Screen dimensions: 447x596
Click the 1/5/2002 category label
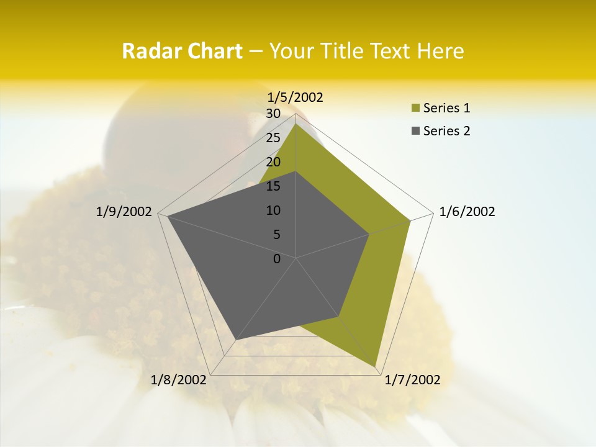[x=296, y=97]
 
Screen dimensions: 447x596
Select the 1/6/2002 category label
[x=467, y=212]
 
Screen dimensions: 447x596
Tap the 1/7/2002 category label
[x=412, y=380]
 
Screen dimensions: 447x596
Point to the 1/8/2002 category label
[x=179, y=380]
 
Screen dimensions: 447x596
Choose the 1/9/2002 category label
[x=124, y=212]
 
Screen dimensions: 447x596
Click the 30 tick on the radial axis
[x=273, y=114]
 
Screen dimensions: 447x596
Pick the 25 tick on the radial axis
[x=273, y=138]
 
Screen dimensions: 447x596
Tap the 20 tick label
[x=273, y=162]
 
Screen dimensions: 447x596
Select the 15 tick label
[x=273, y=186]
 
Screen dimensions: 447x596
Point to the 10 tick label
[x=273, y=210]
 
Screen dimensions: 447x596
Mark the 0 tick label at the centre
[x=277, y=259]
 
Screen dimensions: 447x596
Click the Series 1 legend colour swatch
[x=415, y=108]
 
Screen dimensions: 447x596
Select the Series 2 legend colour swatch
[x=415, y=131]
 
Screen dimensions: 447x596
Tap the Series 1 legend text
[x=446, y=108]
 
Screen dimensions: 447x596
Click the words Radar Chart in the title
[x=182, y=51]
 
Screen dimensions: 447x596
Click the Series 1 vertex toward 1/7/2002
[x=376, y=366]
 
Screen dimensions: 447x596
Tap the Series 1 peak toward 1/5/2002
[x=296, y=124]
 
